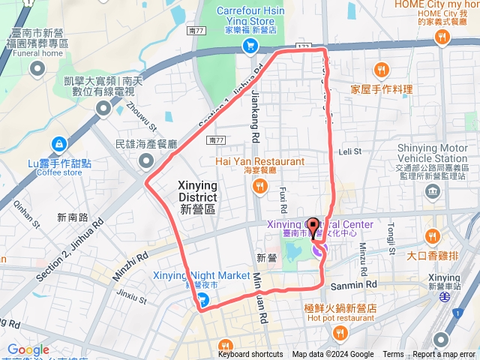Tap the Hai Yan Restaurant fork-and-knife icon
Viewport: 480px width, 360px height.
point(261,186)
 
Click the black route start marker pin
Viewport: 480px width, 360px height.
point(313,225)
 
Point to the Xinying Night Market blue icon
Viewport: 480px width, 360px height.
point(202,301)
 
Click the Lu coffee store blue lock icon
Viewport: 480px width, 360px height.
point(58,143)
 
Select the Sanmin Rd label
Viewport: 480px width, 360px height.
point(361,285)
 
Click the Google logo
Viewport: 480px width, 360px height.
point(28,350)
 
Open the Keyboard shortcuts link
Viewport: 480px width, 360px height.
point(250,355)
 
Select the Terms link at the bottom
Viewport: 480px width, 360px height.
point(393,355)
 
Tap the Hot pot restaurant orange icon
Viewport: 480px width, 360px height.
point(341,331)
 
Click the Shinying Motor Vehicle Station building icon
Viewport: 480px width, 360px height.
point(433,192)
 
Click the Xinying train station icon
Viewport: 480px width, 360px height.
point(445,295)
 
